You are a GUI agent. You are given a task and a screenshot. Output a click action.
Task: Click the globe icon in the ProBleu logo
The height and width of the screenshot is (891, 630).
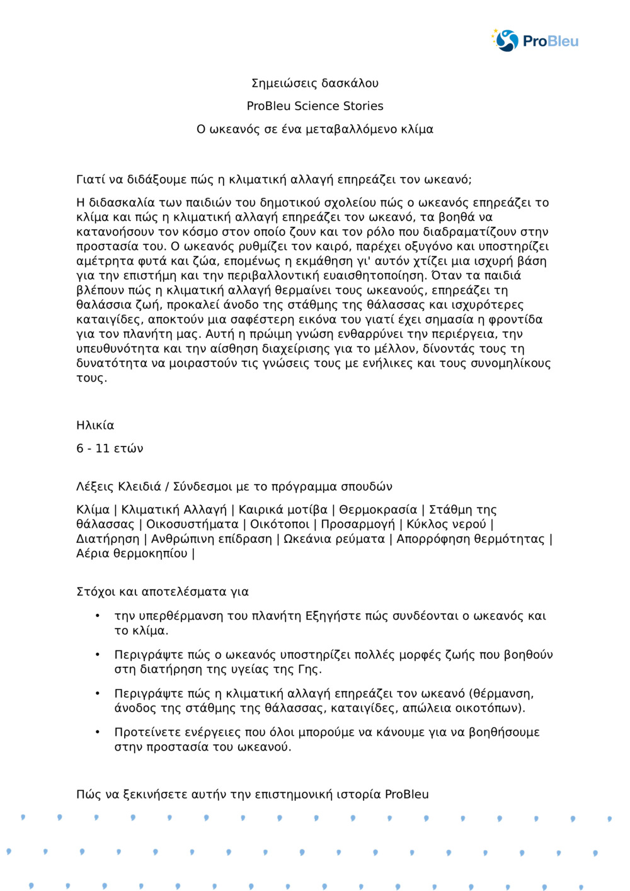507,40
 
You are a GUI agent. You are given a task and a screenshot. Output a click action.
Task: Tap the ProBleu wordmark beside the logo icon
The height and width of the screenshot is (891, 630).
550,42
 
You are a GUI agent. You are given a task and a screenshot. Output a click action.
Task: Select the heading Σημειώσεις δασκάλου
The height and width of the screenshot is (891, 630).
315,83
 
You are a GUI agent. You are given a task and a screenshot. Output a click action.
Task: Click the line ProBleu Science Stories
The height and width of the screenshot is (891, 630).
315,106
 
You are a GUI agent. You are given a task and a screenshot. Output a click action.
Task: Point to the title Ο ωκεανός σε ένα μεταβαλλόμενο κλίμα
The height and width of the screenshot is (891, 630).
315,129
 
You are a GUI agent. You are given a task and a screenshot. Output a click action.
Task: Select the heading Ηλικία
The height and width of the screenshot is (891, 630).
95,425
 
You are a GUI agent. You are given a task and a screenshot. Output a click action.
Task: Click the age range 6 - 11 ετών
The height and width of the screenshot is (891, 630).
110,448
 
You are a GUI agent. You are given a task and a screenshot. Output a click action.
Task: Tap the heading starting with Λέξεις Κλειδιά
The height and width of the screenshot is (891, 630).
234,486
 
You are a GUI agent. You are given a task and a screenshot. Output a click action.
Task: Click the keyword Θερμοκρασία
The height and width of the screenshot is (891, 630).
378,509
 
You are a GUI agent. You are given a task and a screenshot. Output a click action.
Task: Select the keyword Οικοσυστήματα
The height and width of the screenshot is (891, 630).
192,524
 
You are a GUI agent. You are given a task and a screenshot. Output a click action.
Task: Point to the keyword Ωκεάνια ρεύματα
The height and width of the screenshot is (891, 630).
334,538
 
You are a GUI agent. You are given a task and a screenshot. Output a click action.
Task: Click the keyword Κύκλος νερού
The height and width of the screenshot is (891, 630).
446,524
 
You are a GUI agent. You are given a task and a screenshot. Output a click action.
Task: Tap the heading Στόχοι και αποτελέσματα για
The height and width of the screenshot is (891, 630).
163,591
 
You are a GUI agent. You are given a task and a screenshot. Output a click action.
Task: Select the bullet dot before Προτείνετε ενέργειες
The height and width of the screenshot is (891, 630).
98,732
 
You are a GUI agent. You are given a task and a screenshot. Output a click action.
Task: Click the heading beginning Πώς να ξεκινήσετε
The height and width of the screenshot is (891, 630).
252,794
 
